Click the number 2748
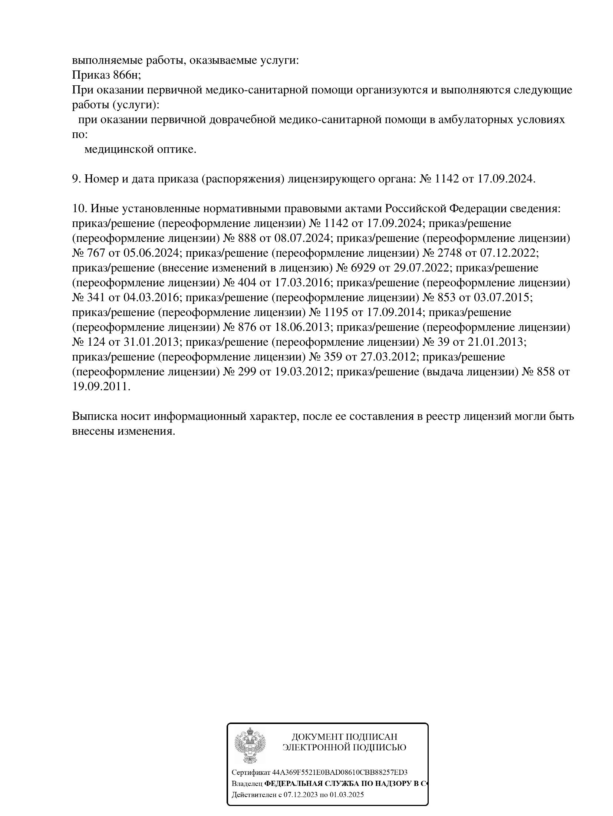(x=450, y=253)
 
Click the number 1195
(x=336, y=313)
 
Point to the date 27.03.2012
(x=387, y=357)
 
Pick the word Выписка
(x=95, y=417)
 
